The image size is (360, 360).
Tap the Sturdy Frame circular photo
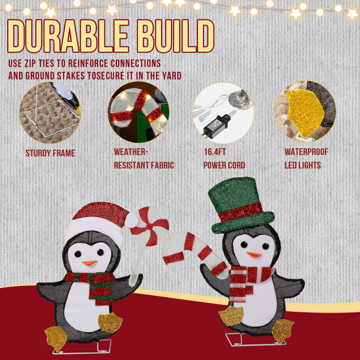[x=50, y=113]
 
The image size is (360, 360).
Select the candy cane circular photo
[x=138, y=113]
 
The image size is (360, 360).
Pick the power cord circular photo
[x=223, y=113]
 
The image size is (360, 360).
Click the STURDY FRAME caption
[x=50, y=153]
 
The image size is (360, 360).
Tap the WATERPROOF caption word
[x=306, y=152]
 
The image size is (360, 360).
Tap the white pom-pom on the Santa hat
[x=132, y=220]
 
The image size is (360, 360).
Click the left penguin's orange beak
[x=89, y=263]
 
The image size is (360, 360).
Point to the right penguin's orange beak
[x=254, y=255]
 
